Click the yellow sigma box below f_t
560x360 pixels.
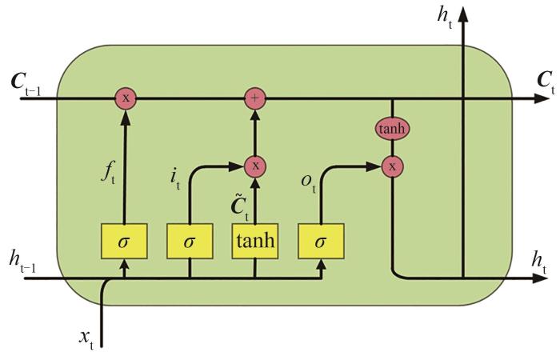pyautogui.click(x=124, y=241)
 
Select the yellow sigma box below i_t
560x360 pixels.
pyautogui.click(x=190, y=241)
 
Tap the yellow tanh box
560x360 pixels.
pyautogui.click(x=255, y=241)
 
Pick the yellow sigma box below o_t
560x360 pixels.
pyautogui.click(x=321, y=241)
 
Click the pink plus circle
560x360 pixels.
pyautogui.click(x=255, y=98)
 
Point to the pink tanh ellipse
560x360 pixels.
pyautogui.click(x=392, y=129)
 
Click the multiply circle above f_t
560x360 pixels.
pyautogui.click(x=126, y=98)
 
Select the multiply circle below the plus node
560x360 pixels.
pyautogui.click(x=255, y=166)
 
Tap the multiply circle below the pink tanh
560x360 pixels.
pyautogui.click(x=392, y=166)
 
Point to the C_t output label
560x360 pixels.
pyautogui.click(x=546, y=82)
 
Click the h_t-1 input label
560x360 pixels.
pyautogui.click(x=22, y=263)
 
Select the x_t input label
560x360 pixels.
pyautogui.click(x=86, y=338)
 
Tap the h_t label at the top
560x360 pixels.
pyautogui.click(x=445, y=18)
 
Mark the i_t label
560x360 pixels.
pyautogui.click(x=175, y=179)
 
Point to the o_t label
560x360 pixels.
pyautogui.click(x=308, y=182)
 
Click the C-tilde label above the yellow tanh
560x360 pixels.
pyautogui.click(x=240, y=206)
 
